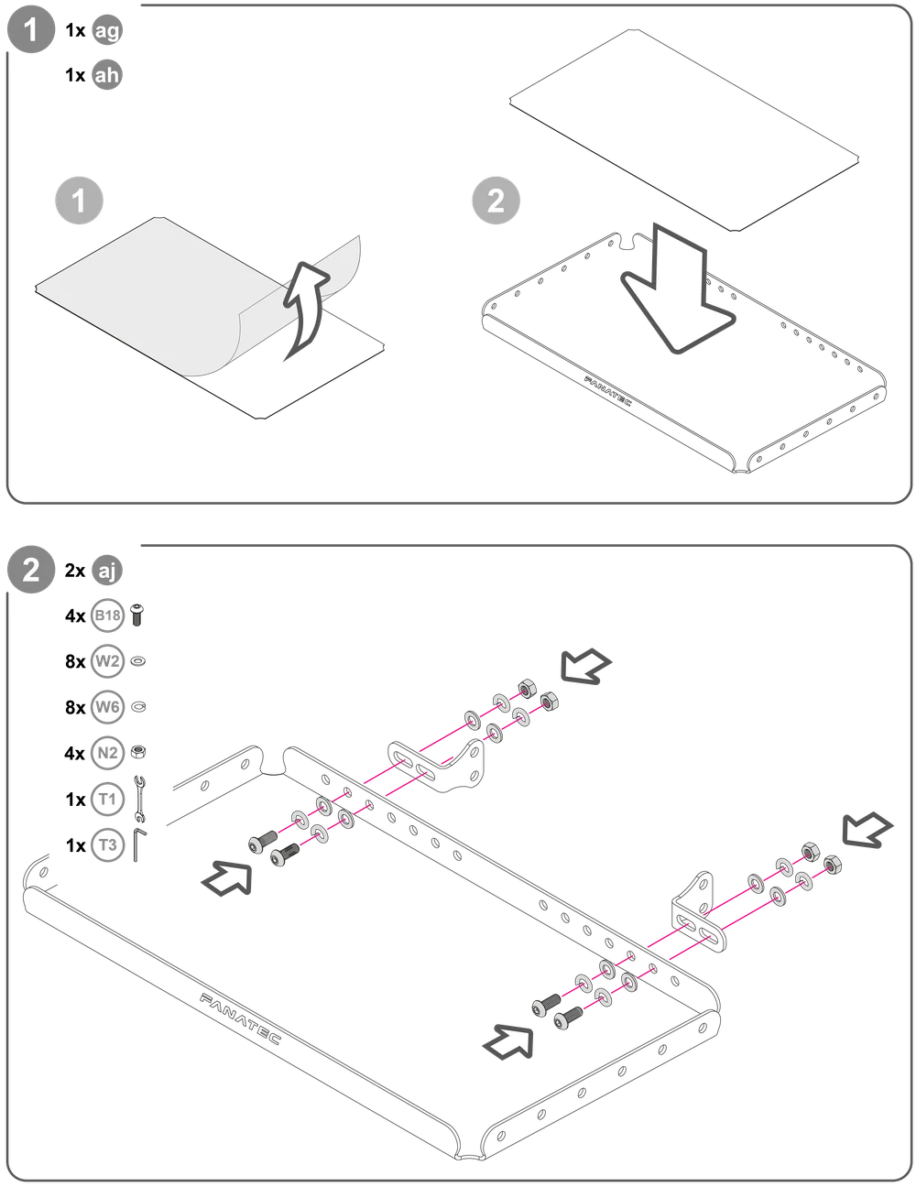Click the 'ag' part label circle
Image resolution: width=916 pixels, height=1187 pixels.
107,30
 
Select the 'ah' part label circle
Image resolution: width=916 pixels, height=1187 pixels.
107,75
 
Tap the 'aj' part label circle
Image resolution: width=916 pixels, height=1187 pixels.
107,571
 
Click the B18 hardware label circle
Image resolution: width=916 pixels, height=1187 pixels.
107,616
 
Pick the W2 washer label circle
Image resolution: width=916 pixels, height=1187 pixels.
107,661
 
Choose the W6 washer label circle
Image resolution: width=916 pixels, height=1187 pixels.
107,707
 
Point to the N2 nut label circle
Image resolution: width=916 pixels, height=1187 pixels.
107,753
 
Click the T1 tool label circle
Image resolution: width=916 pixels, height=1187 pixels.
107,800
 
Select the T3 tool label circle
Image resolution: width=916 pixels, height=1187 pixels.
107,845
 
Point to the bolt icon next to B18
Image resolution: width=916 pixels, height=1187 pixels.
137,615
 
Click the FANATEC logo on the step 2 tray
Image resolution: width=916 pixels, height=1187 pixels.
240,1018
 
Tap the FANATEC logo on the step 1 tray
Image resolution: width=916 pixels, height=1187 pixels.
608,391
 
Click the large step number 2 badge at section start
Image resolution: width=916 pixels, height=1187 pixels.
31,571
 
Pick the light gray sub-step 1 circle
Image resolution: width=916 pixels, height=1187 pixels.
79,201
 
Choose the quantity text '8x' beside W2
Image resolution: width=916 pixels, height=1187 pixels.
75,661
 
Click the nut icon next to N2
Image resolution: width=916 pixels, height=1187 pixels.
138,753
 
